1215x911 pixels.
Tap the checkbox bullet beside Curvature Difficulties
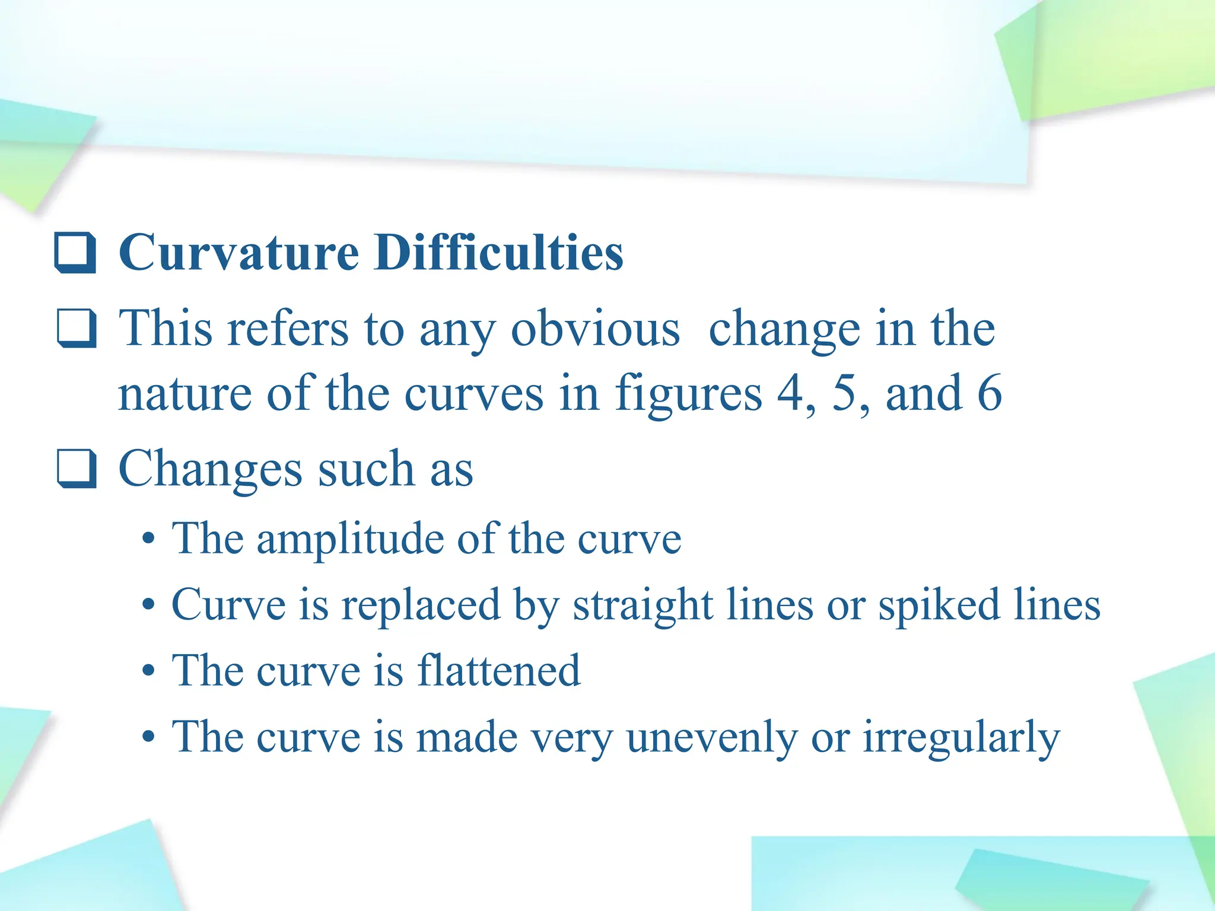coord(75,253)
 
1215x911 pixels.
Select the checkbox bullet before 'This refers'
coord(77,328)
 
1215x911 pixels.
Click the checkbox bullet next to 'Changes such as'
coord(77,469)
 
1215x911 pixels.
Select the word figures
coord(688,394)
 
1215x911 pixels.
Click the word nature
coord(185,394)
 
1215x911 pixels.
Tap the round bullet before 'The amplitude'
coord(149,540)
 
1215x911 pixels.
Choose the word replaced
coord(421,606)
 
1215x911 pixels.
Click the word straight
coord(643,606)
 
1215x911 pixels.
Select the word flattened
coord(498,671)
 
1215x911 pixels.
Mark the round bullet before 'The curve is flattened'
coord(149,671)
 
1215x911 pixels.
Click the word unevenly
coord(711,738)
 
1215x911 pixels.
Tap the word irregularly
coord(961,738)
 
